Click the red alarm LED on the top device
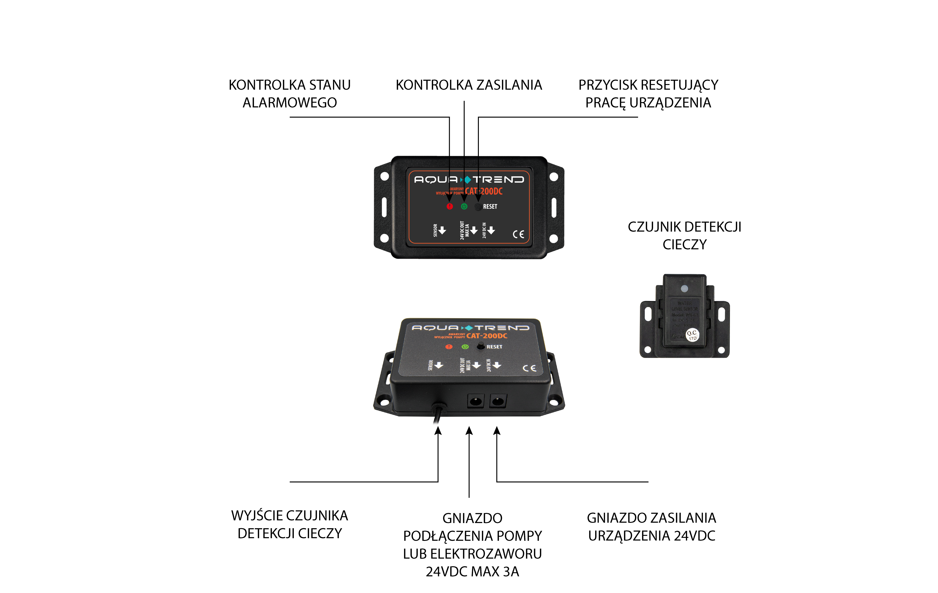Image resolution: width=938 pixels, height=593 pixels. pyautogui.click(x=450, y=207)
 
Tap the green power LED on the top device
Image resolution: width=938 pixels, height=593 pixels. pyautogui.click(x=464, y=207)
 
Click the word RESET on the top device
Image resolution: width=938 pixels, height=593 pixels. pyautogui.click(x=490, y=207)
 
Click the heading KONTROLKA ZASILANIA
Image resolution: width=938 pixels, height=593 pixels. pyautogui.click(x=469, y=85)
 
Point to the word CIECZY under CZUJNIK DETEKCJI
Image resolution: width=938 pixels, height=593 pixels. pyautogui.click(x=685, y=244)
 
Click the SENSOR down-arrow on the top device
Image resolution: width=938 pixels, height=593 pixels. pyautogui.click(x=442, y=231)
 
